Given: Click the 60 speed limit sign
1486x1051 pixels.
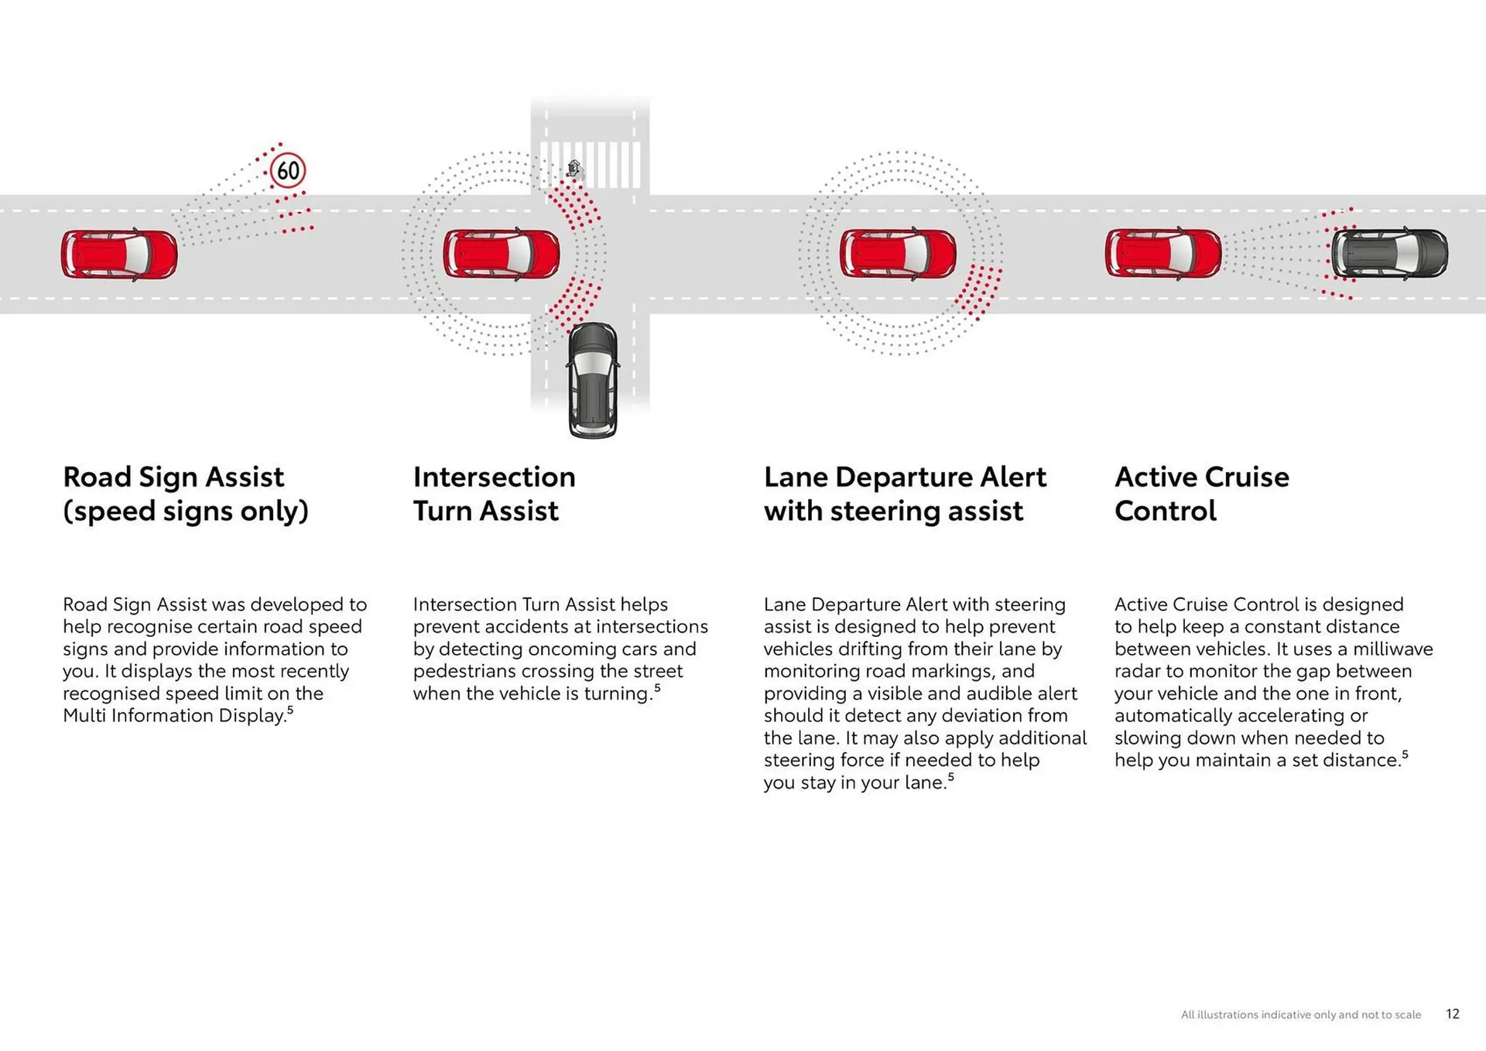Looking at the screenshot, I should coord(288,170).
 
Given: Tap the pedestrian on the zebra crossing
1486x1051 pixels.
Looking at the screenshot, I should coord(574,168).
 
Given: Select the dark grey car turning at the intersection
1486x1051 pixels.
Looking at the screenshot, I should coord(593,380).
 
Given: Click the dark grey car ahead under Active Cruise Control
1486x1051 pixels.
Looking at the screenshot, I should coord(1389,253).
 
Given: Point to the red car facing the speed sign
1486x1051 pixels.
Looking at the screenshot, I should coord(119,254).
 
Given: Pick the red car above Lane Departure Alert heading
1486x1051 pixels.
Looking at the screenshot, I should coord(898,253).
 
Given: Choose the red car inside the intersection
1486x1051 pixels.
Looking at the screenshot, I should coord(501,253).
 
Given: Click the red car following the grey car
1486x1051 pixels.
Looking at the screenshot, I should coord(1163,253).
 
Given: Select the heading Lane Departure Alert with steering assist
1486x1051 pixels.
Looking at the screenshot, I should coord(904,494).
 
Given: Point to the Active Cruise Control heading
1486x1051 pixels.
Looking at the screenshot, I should coord(1201,494).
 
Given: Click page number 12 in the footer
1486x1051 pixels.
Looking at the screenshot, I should coord(1452,1014).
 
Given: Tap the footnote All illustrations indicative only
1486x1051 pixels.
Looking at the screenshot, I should coord(1300,1015).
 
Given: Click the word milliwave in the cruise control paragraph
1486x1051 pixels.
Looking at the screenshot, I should coord(1392,649).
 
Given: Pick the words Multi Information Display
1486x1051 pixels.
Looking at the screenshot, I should coord(174,716).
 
